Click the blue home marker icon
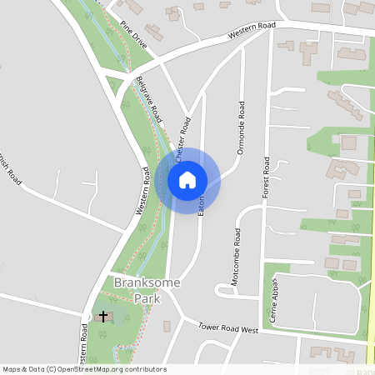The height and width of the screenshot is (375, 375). click(x=187, y=179)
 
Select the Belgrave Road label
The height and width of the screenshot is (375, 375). click(x=149, y=97)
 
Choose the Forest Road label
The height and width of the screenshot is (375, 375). click(x=267, y=179)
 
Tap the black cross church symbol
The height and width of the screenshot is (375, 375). click(x=103, y=316)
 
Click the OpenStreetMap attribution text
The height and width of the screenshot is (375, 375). click(x=83, y=369)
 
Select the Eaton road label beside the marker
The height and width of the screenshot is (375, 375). click(x=202, y=205)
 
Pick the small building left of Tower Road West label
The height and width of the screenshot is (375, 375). click(x=166, y=325)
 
